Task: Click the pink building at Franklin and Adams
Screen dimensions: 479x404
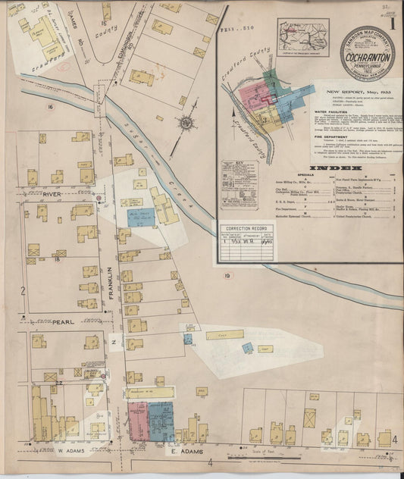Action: point(137,421)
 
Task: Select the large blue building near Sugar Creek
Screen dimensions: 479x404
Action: point(140,217)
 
